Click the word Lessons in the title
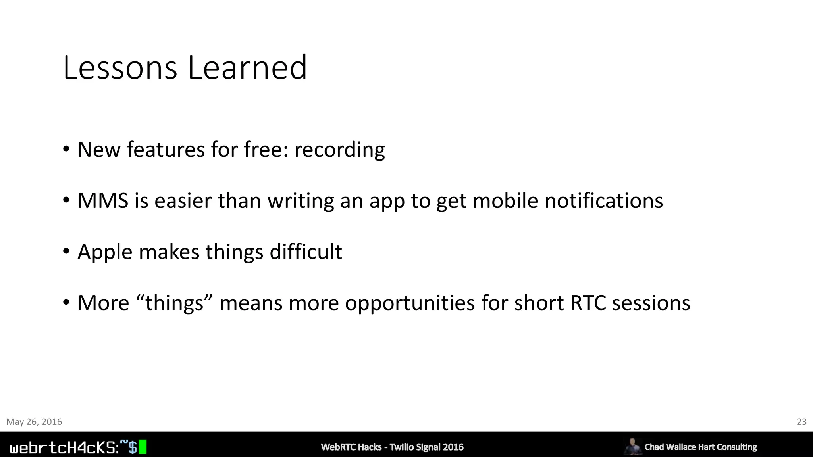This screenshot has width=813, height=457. point(120,68)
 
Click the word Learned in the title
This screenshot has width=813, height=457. point(247,68)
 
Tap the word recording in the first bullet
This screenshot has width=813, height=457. point(339,150)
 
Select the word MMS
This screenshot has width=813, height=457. point(103,200)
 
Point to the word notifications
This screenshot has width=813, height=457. point(603,200)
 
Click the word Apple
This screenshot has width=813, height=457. point(105,252)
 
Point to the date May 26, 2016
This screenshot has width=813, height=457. point(34,422)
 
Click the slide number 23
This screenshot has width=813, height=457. point(801,422)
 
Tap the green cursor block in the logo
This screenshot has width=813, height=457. point(143,447)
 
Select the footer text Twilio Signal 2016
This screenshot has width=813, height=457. point(426,447)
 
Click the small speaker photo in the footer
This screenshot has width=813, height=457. point(632,447)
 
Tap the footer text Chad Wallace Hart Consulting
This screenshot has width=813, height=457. point(701,447)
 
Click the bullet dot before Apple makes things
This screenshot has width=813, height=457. point(66,252)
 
